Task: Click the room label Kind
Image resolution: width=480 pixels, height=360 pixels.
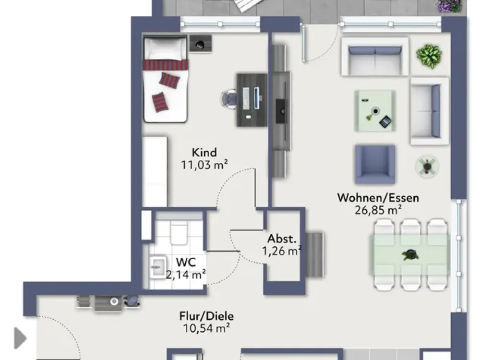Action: (204, 152)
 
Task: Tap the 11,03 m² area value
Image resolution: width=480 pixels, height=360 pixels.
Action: (204, 165)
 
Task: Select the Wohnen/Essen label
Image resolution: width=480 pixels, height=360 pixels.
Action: (378, 198)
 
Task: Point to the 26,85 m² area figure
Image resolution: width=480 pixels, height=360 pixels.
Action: (378, 210)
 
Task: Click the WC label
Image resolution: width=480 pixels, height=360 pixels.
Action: (186, 262)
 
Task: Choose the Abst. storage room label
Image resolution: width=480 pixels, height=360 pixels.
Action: (282, 239)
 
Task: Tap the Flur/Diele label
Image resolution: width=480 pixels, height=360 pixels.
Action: (206, 316)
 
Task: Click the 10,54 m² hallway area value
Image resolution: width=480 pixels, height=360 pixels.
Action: (206, 328)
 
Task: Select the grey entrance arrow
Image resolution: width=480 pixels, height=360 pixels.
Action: (21, 338)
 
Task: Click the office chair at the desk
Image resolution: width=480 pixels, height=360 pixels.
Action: (229, 99)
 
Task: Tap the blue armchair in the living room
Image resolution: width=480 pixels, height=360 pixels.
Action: (375, 164)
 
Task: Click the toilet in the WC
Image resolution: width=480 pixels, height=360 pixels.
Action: (179, 233)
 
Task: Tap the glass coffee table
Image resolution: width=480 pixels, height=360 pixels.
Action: (375, 111)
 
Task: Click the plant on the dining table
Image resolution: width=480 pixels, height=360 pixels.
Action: (410, 255)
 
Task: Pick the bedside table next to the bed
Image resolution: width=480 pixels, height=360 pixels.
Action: (201, 44)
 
